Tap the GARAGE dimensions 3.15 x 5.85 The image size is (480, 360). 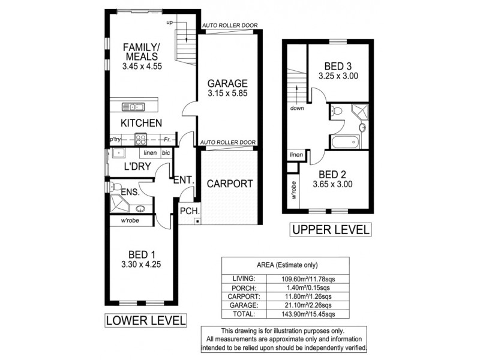click(x=227, y=94)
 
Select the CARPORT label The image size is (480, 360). click(x=230, y=184)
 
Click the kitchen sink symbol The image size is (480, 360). click(x=132, y=107)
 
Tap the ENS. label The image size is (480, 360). click(x=130, y=192)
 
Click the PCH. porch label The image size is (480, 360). click(x=190, y=211)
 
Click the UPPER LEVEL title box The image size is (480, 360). click(x=331, y=230)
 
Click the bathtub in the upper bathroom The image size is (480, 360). click(x=344, y=142)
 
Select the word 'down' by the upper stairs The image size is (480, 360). click(x=297, y=109)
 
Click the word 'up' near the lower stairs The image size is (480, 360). click(x=170, y=22)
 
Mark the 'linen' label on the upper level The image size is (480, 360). click(x=296, y=155)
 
